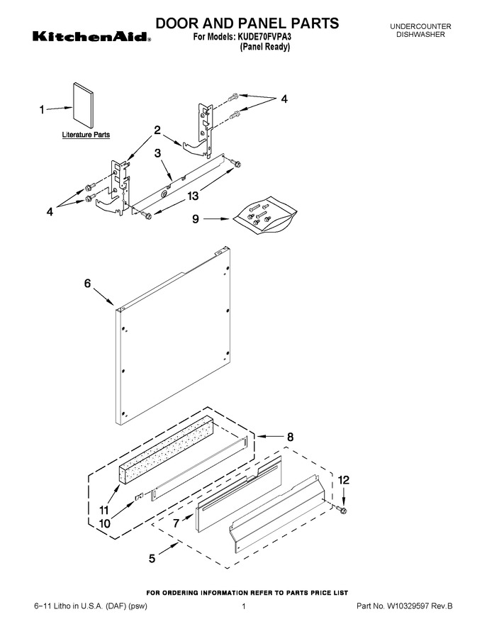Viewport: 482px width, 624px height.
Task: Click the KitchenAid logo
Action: click(x=91, y=37)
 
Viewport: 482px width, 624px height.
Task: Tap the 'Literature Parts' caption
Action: click(x=86, y=135)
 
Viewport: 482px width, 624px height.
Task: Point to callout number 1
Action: click(x=42, y=109)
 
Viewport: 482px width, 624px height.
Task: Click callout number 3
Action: click(x=157, y=153)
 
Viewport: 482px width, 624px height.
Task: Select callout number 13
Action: click(x=193, y=196)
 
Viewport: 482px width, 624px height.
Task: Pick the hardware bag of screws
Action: click(x=265, y=214)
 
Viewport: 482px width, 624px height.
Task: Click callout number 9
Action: click(x=195, y=219)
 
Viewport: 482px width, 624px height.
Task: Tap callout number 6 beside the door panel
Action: click(x=87, y=284)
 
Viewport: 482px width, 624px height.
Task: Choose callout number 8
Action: click(x=291, y=437)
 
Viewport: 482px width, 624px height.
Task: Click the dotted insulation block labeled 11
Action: click(x=166, y=450)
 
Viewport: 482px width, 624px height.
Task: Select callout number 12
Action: click(x=344, y=480)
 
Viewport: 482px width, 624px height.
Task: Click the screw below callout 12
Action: click(x=341, y=508)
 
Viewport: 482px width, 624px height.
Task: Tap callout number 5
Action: click(x=152, y=558)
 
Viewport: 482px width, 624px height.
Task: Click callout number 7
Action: click(x=176, y=523)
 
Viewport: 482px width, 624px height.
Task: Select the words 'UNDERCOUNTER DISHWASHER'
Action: click(x=420, y=30)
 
